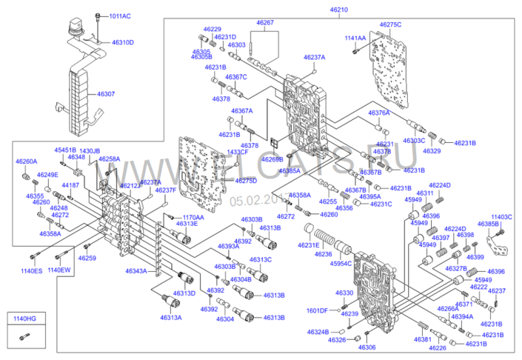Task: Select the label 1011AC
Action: coord(119,16)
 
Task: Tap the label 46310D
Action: coord(123,42)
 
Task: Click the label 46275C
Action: coord(390,24)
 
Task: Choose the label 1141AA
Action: coord(356,38)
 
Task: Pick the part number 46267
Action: coord(265,23)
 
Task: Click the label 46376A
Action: coord(378,113)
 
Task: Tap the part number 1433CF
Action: coord(237,152)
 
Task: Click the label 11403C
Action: coord(502,217)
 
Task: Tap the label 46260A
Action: coord(27,161)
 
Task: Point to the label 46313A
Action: coord(171,318)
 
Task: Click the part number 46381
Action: coord(422,340)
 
